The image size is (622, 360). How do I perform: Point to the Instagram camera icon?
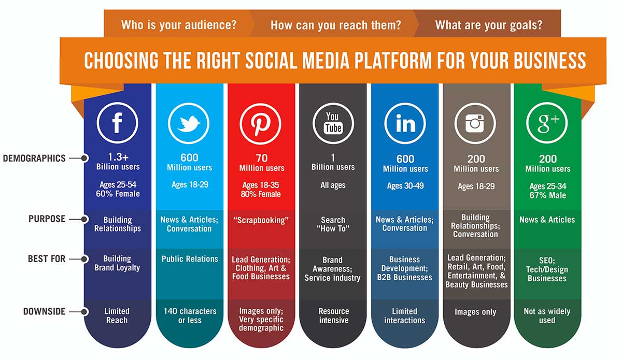coord(475,123)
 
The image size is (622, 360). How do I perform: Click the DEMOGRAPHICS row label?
coord(34,158)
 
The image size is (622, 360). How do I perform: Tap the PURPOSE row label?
coord(47,219)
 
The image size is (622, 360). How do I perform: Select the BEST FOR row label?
coord(47,259)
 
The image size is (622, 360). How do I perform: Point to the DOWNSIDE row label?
coord(45,311)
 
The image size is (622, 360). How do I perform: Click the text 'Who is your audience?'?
coord(179,25)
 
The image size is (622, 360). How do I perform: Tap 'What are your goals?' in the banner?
coord(489,25)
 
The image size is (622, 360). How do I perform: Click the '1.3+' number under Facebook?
coord(118,157)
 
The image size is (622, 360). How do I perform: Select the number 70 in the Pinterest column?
coord(262,158)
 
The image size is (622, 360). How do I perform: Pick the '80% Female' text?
coord(261,194)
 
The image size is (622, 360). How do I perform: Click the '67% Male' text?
coord(547,195)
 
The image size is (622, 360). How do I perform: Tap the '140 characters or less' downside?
coord(190,315)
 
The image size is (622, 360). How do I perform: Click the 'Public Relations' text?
coord(190,259)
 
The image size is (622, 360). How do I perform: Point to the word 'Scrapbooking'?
coord(261,220)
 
